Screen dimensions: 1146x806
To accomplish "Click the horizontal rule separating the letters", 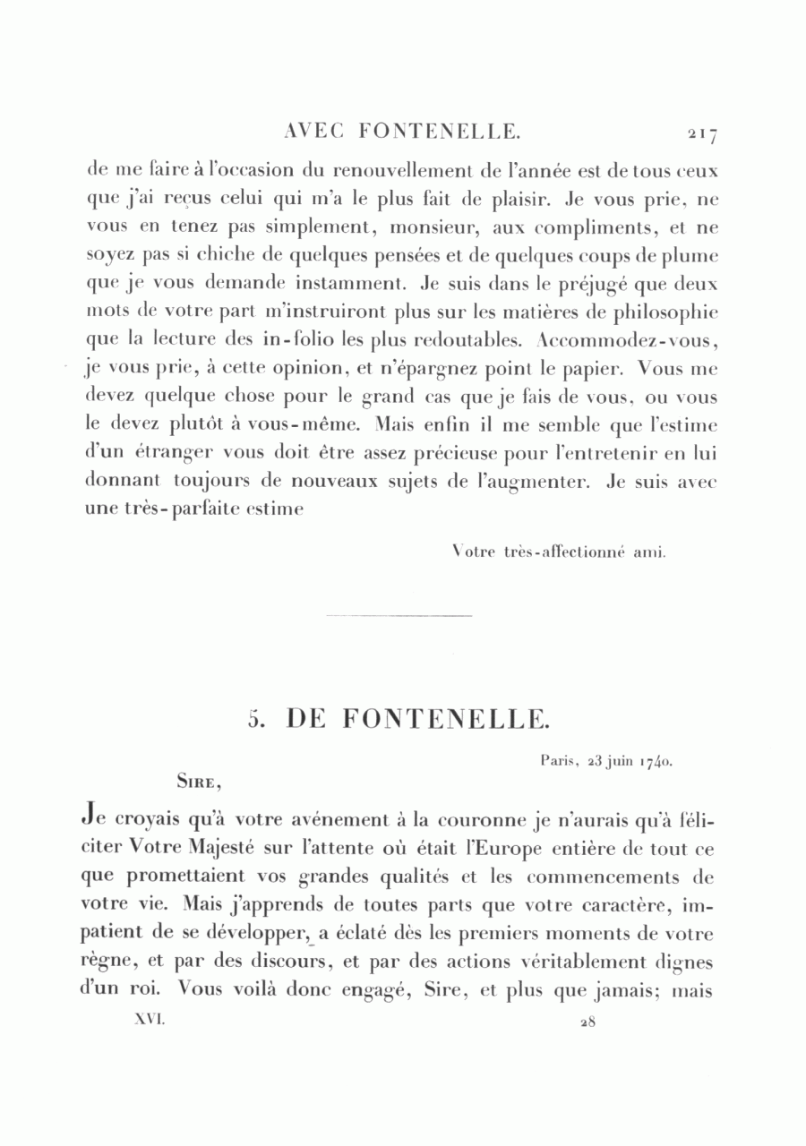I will (x=399, y=616).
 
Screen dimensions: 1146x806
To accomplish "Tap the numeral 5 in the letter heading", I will (x=254, y=719).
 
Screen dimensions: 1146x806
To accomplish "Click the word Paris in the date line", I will (x=559, y=761).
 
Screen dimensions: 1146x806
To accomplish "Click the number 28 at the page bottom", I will (x=587, y=1022).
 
